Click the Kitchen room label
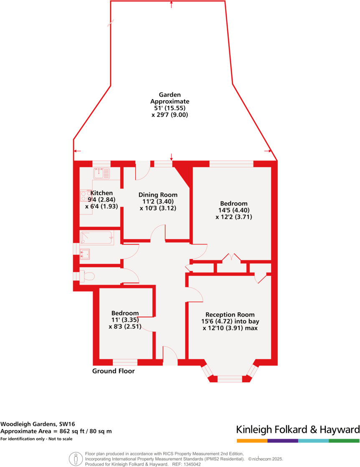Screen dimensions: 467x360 [101, 193]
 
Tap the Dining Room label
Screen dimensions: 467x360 [158, 195]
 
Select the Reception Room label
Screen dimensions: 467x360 [230, 315]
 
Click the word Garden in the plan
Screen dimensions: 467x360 [170, 95]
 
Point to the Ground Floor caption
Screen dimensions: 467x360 [114, 371]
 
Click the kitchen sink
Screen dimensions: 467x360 [101, 172]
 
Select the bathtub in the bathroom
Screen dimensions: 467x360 [96, 237]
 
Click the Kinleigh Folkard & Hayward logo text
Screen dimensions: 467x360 [298, 429]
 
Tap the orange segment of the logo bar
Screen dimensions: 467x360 [252, 441]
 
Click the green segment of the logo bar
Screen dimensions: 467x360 [344, 441]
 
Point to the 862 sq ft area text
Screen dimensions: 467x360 [56, 431]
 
